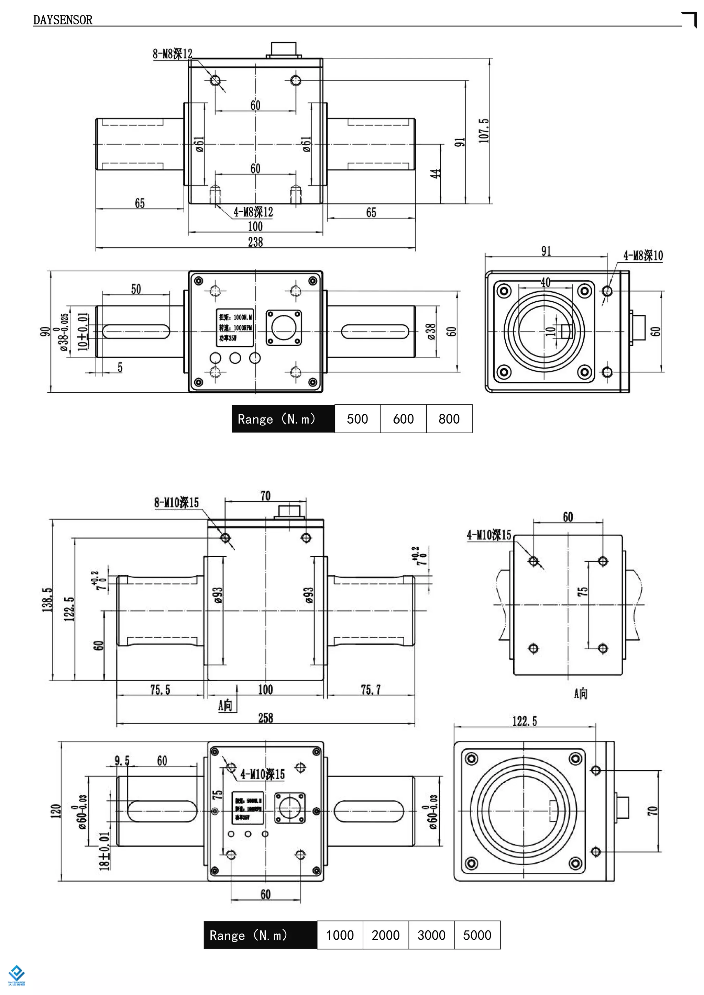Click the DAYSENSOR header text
tap(63, 20)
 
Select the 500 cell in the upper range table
tap(357, 418)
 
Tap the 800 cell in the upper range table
tap(449, 418)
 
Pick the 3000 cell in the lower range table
tap(431, 935)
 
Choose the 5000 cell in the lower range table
tap(477, 935)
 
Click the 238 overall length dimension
tap(255, 242)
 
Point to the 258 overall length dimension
tap(265, 718)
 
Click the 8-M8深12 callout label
tap(172, 54)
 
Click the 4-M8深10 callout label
tap(643, 256)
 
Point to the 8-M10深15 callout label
tap(176, 503)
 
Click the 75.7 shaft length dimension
tap(371, 690)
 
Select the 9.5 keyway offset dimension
tap(122, 761)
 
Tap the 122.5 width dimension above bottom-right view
tap(525, 721)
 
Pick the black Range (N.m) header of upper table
tap(283, 418)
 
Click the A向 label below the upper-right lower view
tap(581, 693)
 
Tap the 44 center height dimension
tap(435, 174)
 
